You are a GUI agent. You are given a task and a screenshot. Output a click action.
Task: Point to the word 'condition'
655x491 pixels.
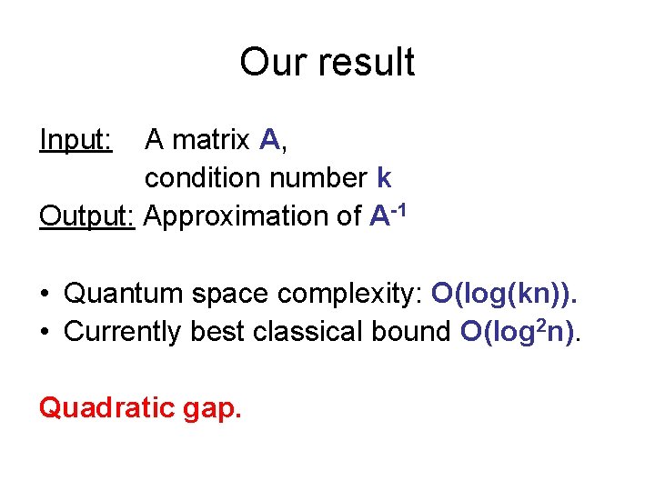203,177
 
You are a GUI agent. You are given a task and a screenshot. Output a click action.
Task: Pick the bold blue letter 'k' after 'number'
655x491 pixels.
384,177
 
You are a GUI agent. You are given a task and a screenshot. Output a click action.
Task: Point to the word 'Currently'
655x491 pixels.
124,333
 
